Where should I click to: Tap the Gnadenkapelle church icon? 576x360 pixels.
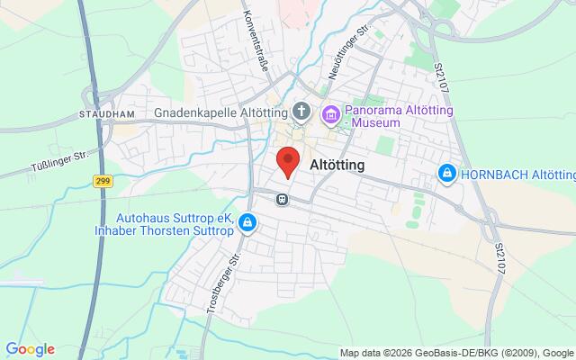point(301,113)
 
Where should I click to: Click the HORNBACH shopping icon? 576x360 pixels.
point(445,172)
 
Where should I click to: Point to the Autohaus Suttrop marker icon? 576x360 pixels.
point(247,224)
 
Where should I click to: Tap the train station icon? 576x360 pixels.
point(283,199)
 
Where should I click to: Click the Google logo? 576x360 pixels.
point(30,349)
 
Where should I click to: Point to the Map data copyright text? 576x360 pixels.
point(457,352)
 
